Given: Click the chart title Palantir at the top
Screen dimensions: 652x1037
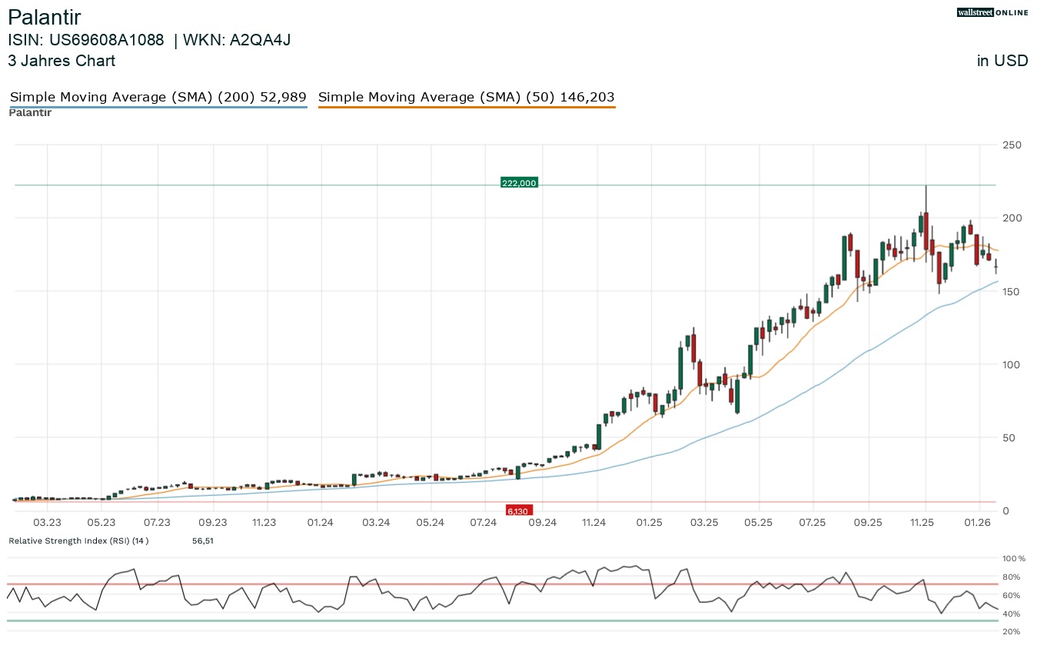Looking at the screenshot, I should tap(44, 17).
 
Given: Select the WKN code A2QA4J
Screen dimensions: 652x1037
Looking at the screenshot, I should tap(254, 40).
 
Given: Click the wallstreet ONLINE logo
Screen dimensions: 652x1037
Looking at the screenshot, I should tap(992, 12).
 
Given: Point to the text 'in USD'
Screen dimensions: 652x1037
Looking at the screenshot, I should tap(1002, 61).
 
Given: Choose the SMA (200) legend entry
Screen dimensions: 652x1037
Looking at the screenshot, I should tap(158, 98).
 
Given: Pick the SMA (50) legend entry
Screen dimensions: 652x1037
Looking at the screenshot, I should tap(466, 98).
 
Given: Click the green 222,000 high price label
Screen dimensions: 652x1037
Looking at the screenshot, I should tap(519, 183).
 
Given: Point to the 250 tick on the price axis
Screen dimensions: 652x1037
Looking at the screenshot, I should tap(1011, 145).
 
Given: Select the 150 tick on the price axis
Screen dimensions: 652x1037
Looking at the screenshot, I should tap(1011, 291).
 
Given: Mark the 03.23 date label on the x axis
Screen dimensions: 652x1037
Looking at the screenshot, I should tap(48, 523).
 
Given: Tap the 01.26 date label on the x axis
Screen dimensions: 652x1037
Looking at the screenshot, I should tap(977, 523).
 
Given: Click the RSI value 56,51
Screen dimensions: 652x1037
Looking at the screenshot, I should tap(202, 541).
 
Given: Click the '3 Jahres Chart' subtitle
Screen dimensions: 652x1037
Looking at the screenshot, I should tap(61, 61).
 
